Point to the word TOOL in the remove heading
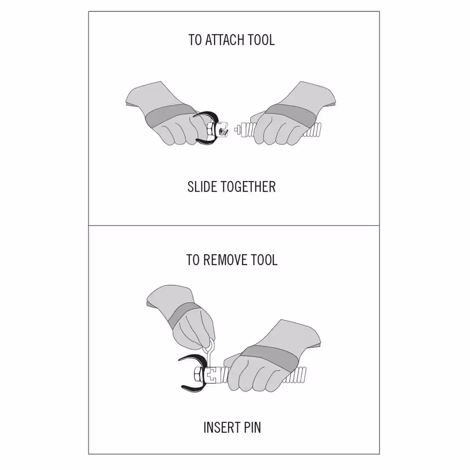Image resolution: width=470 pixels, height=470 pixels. point(265,260)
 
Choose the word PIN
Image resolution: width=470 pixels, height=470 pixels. point(252,427)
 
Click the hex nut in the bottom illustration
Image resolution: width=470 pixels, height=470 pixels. point(198,375)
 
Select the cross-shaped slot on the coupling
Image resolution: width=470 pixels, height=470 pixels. point(212,375)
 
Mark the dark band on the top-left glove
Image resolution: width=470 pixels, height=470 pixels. point(169,116)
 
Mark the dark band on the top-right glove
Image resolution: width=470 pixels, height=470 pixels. point(290,116)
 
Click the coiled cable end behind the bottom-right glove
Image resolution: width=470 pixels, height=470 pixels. point(297,375)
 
